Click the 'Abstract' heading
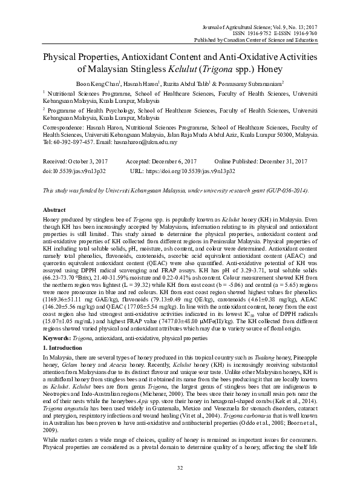[x=54, y=209]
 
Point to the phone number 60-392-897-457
[x=73, y=143]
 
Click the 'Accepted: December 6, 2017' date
[x=160, y=162]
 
